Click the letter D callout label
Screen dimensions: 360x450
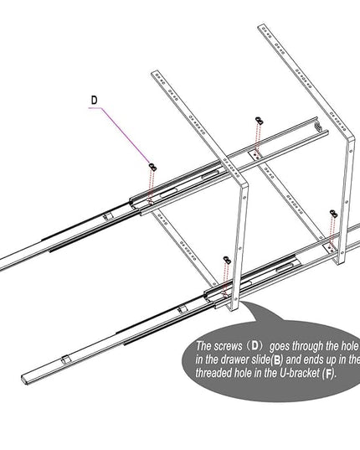coord(94,101)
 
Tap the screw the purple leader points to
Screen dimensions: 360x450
coord(153,167)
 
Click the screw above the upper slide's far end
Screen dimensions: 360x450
coord(259,121)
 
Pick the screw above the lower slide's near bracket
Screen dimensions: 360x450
coord(227,260)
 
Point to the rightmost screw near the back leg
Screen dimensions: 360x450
coord(333,214)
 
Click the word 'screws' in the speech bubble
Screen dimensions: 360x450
coord(229,346)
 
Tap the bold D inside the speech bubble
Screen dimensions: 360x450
coord(255,346)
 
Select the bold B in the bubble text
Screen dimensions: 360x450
coord(276,359)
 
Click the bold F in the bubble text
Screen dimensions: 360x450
coord(328,374)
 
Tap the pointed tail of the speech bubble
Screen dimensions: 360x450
coord(241,302)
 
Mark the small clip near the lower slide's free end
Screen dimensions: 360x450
coord(65,359)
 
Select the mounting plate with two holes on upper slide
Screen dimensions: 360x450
coord(255,155)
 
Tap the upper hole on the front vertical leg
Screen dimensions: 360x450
coord(244,198)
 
